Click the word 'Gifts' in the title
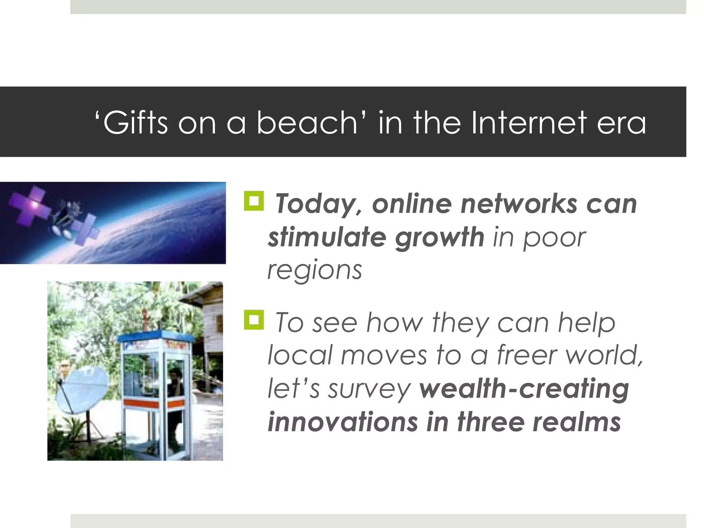135,123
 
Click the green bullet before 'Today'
254,201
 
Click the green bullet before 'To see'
254,320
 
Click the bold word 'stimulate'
327,237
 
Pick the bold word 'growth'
440,238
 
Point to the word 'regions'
315,271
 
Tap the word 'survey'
370,389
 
